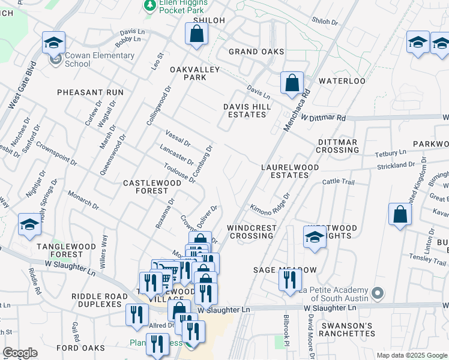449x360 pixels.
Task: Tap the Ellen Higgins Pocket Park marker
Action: [149, 5]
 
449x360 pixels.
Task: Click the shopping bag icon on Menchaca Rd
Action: [292, 83]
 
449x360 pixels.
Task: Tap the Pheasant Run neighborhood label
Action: [90, 92]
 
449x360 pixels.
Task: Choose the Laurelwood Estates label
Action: [285, 172]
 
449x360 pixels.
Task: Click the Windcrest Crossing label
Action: [252, 232]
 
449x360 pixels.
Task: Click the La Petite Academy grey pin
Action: [377, 294]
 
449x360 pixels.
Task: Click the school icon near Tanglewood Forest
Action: [29, 225]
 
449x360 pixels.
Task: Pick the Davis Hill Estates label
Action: [248, 110]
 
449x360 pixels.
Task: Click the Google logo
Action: [20, 353]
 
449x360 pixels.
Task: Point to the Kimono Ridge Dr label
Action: [270, 201]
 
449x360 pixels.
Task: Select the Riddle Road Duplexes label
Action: [99, 300]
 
